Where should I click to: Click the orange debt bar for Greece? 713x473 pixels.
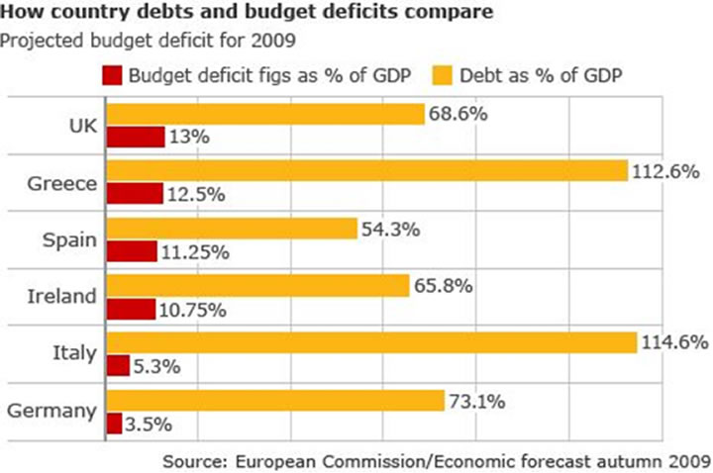pyautogui.click(x=366, y=171)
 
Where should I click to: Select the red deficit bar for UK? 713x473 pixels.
pyautogui.click(x=135, y=138)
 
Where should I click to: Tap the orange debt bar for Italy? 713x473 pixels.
pyautogui.click(x=370, y=342)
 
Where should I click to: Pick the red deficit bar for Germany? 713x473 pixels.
pyautogui.click(x=114, y=424)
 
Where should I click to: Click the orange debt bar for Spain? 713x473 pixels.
pyautogui.click(x=231, y=229)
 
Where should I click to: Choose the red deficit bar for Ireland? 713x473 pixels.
pyautogui.click(x=131, y=310)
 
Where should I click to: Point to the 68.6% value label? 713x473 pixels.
pyautogui.click(x=458, y=114)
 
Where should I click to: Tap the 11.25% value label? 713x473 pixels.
pyautogui.click(x=196, y=252)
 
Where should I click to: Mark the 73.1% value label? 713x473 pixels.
pyautogui.click(x=479, y=401)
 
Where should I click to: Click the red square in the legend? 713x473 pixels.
pyautogui.click(x=111, y=75)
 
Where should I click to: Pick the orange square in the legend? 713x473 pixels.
pyautogui.click(x=444, y=75)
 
